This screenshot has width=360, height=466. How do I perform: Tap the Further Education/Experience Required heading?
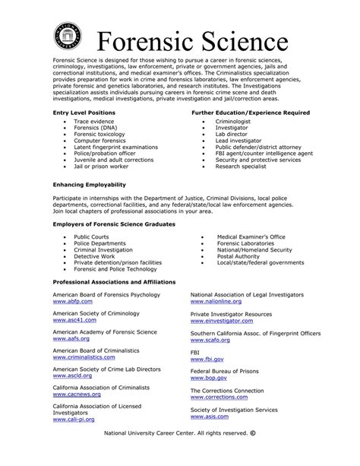(250, 113)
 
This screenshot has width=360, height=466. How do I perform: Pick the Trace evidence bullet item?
(95, 121)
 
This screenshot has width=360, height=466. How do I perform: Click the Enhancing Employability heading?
(89, 185)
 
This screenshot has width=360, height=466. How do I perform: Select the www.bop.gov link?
(208, 377)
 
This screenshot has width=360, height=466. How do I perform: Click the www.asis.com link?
(209, 417)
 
